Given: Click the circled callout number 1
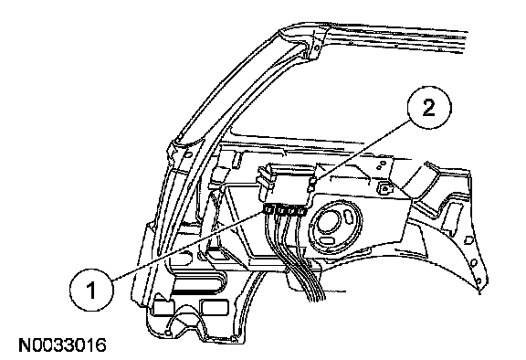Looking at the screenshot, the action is tap(91, 290).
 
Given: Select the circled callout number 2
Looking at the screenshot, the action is tap(429, 108).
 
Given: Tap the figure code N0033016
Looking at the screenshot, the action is tap(63, 345).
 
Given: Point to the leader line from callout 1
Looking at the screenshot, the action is tap(188, 246).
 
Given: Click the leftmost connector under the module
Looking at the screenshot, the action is tap(268, 210).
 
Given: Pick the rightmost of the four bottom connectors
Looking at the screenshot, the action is tap(301, 211).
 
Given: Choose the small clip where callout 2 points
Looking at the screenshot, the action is tap(311, 184).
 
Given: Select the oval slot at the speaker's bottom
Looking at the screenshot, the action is tap(326, 240).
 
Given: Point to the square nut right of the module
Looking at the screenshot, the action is tap(384, 188).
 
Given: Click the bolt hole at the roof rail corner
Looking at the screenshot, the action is tap(315, 48).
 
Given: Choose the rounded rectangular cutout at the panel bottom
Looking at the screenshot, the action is tap(214, 307).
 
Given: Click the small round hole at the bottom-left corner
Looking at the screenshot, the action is tap(169, 334).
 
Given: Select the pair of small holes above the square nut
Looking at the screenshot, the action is tap(381, 165).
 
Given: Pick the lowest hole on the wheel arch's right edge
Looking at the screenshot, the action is tap(479, 281).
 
